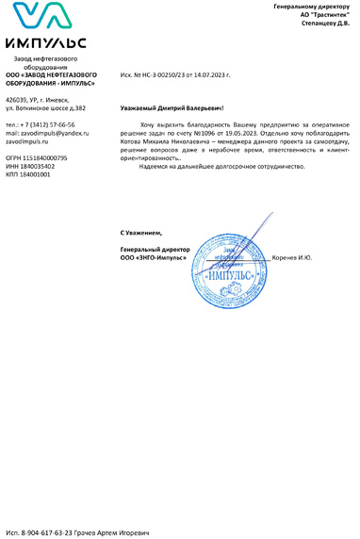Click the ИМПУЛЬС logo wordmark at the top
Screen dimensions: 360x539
pyautogui.click(x=45, y=43)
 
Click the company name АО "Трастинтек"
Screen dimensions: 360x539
pyautogui.click(x=324, y=15)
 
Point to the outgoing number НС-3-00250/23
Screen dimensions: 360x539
pyautogui.click(x=161, y=73)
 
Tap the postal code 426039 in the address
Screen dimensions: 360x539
pyautogui.click(x=17, y=99)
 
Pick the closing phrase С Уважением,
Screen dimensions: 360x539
pyautogui.click(x=141, y=232)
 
